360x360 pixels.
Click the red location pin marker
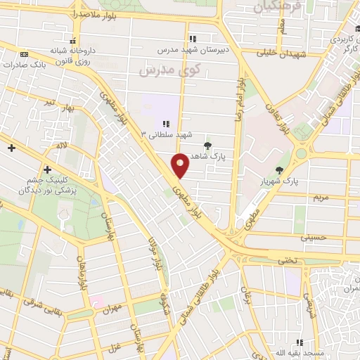pos(181,165)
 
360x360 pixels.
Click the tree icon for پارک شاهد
pos(207,146)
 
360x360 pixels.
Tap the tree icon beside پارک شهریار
pos(280,169)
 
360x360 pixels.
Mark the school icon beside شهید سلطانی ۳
pos(167,124)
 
